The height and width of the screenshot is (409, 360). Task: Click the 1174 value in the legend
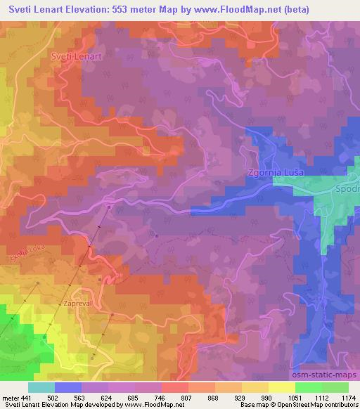pos(348,398)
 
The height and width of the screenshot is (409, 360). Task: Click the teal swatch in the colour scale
pos(41,387)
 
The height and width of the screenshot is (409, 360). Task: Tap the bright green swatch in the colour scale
pos(308,387)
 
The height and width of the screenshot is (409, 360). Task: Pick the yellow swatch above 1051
pos(281,387)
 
